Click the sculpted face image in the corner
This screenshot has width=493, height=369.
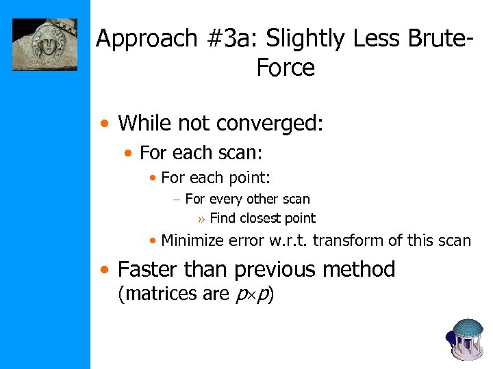click(x=45, y=45)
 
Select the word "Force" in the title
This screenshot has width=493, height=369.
click(x=286, y=68)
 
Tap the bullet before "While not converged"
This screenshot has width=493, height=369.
click(x=103, y=125)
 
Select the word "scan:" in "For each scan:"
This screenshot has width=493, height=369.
click(x=244, y=152)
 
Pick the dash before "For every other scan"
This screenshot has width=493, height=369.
click(x=176, y=200)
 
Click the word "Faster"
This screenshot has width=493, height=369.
click(x=148, y=269)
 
